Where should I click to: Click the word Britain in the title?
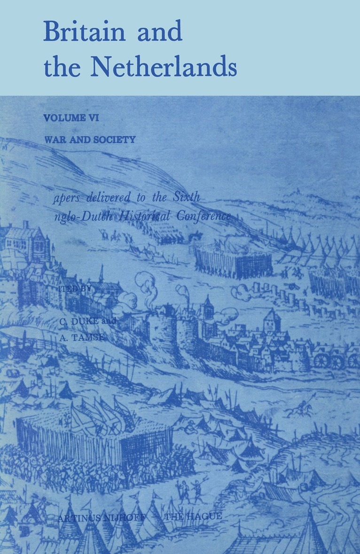click(x=85, y=32)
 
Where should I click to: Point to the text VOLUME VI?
click(x=71, y=118)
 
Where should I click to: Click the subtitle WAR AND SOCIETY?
click(x=89, y=140)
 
